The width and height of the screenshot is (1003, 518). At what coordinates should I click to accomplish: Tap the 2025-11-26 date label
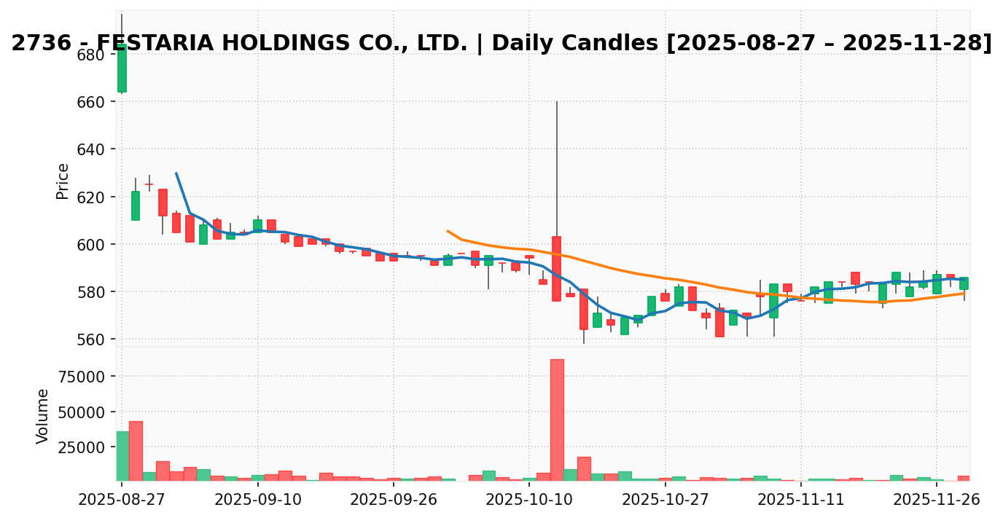tap(936, 500)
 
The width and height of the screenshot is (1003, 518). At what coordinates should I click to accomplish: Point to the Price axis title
tap(63, 181)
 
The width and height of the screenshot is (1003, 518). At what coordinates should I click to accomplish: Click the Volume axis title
tap(43, 416)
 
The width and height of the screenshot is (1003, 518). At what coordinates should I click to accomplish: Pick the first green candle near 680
tap(122, 68)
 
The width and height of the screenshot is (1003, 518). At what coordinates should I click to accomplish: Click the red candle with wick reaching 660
tap(557, 268)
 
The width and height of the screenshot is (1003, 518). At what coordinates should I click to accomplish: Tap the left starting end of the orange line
tap(448, 231)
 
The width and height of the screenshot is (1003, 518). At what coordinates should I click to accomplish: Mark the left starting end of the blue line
tap(176, 173)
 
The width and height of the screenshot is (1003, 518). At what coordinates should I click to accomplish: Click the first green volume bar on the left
tap(122, 456)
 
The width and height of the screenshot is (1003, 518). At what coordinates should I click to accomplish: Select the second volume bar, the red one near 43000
tap(136, 451)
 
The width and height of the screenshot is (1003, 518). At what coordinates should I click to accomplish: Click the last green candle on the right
tap(964, 283)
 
